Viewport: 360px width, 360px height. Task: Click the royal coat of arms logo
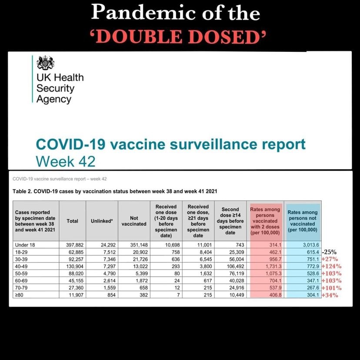point(45,63)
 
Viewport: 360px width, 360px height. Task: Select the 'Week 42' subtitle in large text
point(65,161)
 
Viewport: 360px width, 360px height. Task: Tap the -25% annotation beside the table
point(330,253)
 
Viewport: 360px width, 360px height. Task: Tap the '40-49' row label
point(22,266)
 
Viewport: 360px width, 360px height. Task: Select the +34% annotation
point(330,295)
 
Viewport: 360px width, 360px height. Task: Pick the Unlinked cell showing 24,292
point(104,245)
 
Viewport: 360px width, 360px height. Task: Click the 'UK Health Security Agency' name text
point(60,88)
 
